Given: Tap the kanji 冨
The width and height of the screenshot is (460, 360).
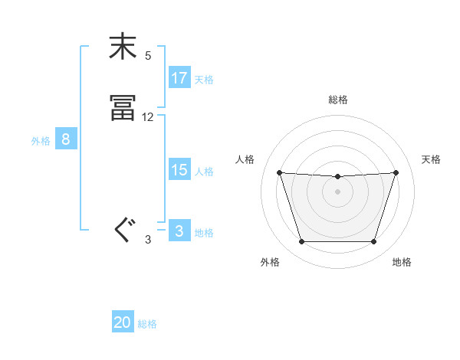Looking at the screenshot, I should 123,109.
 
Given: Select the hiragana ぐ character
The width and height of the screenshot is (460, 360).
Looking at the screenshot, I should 123,229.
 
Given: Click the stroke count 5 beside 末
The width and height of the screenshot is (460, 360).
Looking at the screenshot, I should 148,56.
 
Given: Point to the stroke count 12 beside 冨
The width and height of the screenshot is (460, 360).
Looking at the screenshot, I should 148,117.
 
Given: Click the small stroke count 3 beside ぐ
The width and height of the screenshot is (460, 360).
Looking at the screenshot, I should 148,240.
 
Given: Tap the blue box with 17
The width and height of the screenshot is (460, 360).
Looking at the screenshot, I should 179,78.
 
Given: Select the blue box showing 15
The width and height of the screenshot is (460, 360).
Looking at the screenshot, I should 179,170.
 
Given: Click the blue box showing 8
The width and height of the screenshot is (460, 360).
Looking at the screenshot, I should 66,139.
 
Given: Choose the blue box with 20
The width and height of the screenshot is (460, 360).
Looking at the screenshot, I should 123,322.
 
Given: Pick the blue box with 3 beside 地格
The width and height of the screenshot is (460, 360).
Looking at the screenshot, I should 179,231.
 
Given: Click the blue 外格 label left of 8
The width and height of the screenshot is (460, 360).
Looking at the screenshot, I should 41,140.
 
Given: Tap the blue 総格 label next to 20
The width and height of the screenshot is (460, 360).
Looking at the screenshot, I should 147,324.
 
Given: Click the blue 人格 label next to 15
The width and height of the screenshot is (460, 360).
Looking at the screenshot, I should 204,172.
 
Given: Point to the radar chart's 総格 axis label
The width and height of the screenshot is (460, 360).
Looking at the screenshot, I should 337,100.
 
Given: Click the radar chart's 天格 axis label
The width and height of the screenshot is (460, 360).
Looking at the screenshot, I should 432,159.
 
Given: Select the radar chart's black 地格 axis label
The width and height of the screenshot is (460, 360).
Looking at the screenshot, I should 402,263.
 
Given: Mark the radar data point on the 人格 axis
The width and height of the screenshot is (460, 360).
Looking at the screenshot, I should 279,172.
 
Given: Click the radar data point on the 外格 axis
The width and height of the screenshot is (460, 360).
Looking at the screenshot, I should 301,242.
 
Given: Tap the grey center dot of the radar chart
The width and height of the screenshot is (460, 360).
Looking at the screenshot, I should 337,191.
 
